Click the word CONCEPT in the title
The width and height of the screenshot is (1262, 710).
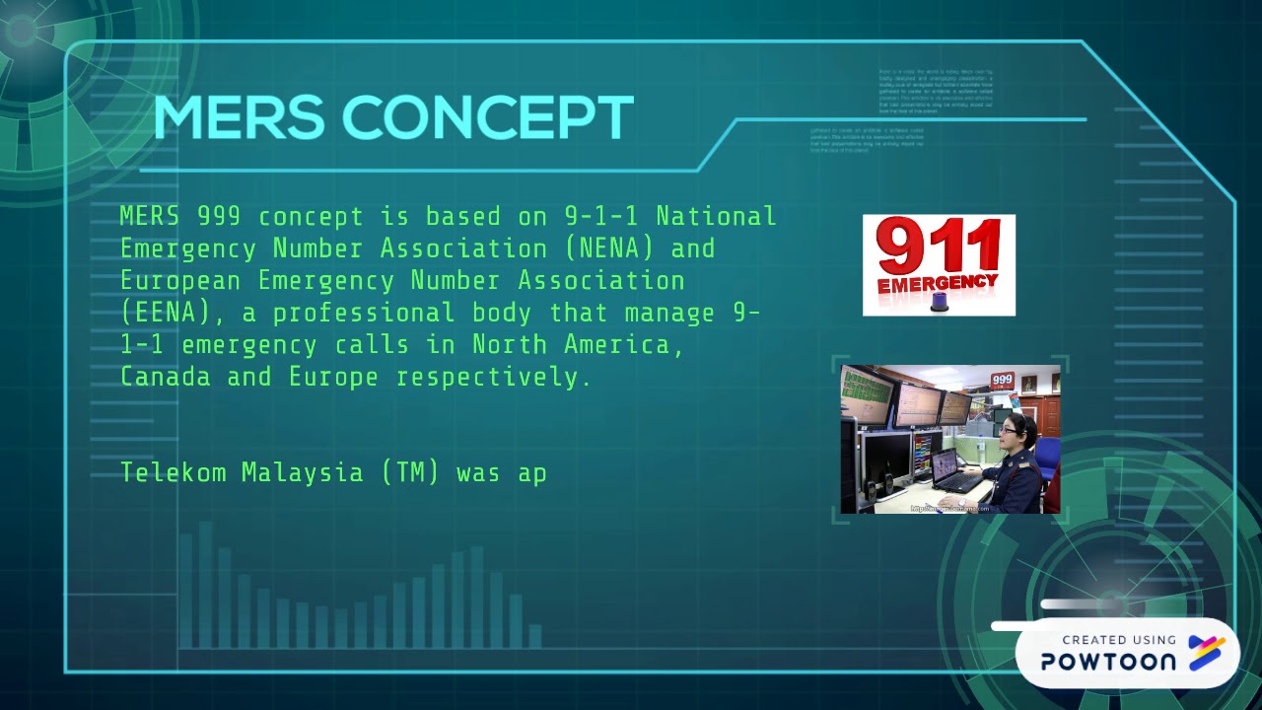click(487, 118)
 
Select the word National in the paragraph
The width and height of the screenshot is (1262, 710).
click(716, 216)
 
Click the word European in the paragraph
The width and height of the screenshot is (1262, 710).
click(180, 280)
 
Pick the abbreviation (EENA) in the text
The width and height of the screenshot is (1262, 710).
click(166, 313)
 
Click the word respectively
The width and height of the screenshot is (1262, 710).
click(494, 377)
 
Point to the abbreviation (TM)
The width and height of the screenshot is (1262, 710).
click(410, 472)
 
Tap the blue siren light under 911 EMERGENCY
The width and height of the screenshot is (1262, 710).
click(938, 302)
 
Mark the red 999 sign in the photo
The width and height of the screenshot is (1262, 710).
click(1002, 380)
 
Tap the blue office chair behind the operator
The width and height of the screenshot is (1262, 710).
click(1047, 459)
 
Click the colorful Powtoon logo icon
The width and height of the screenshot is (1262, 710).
click(1206, 653)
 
